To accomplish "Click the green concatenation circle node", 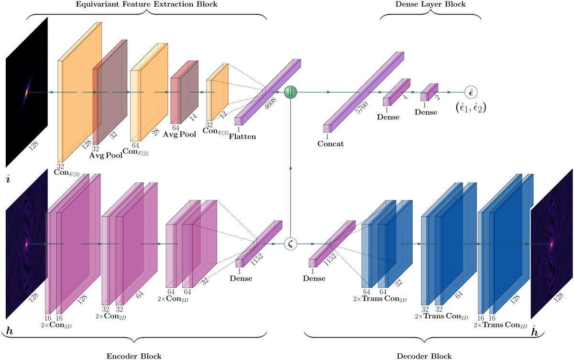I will (x=291, y=92).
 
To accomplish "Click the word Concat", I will (x=331, y=143).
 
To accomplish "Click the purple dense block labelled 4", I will (x=397, y=91).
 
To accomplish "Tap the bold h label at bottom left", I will (x=10, y=330).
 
